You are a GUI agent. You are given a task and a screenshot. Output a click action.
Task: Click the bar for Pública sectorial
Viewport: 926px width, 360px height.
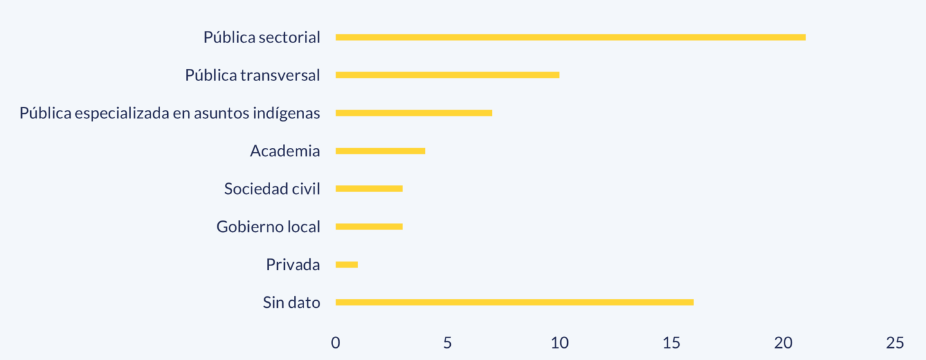click(570, 37)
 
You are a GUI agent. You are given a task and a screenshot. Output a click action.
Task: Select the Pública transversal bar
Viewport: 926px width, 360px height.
click(448, 75)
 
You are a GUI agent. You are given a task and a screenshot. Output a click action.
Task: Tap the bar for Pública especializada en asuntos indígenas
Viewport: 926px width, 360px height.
click(413, 113)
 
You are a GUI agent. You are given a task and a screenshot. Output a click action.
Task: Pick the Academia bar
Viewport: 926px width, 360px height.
click(380, 151)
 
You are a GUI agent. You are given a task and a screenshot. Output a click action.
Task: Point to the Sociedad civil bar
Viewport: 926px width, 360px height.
click(369, 188)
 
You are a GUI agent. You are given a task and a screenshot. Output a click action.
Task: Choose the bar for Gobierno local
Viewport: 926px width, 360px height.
click(369, 226)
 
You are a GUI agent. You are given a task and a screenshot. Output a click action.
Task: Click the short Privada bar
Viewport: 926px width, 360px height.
click(347, 264)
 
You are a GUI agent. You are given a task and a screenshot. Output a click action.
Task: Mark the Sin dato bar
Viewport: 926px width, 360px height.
click(514, 302)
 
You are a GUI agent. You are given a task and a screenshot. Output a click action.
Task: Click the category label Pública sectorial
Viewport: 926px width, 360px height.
click(262, 37)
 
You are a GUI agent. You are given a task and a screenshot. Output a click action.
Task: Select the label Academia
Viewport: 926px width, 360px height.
click(285, 151)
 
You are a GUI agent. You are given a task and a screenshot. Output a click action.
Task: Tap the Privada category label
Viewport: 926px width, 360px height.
click(293, 264)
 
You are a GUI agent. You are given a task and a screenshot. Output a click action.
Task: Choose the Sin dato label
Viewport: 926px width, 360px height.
click(291, 302)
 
